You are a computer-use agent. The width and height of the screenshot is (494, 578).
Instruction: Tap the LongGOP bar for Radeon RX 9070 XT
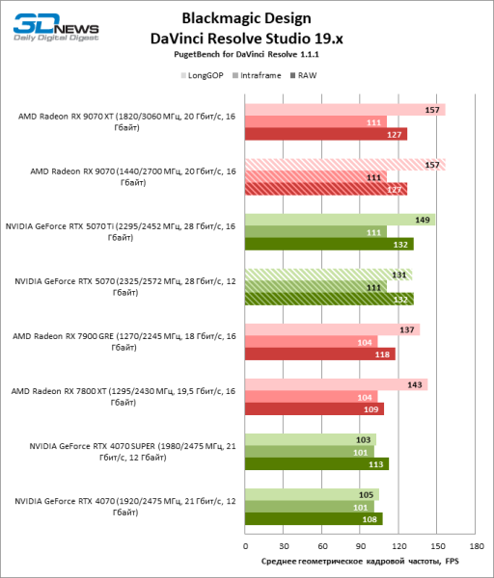pyautogui.click(x=344, y=110)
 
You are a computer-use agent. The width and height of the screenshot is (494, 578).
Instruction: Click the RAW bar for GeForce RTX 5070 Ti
pyautogui.click(x=329, y=244)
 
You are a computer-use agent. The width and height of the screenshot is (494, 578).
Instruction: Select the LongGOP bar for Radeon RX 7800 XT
pyautogui.click(x=336, y=384)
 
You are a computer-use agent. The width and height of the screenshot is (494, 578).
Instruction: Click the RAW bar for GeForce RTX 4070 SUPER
pyautogui.click(x=317, y=463)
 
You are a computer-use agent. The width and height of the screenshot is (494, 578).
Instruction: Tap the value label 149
pyautogui.click(x=423, y=220)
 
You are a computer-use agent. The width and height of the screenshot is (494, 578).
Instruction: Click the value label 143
pyautogui.click(x=415, y=384)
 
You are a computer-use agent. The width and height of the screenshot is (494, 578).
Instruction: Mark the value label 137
pyautogui.click(x=407, y=329)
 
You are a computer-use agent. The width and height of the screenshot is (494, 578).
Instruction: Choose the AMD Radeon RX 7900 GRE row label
pyautogui.click(x=122, y=342)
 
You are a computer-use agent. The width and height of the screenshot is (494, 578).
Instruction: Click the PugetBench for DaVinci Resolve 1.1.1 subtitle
pyautogui.click(x=248, y=59)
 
